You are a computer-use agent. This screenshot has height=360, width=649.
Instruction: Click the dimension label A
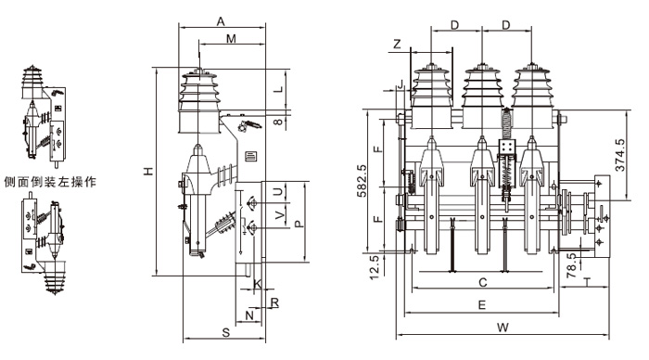point(221,21)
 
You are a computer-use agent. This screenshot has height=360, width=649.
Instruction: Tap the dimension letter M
point(231,39)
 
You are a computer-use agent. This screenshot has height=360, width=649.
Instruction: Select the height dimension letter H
point(149,171)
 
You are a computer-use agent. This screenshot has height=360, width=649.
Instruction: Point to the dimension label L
point(279,89)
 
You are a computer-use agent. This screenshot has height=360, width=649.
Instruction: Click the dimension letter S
point(225,332)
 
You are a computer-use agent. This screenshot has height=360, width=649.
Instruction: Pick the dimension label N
point(249,315)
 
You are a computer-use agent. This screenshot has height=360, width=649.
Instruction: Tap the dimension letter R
point(274,302)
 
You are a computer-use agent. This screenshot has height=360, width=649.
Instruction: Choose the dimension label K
point(257,284)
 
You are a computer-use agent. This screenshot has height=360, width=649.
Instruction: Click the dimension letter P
point(299,224)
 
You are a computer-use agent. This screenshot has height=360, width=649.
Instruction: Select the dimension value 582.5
point(362,181)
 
